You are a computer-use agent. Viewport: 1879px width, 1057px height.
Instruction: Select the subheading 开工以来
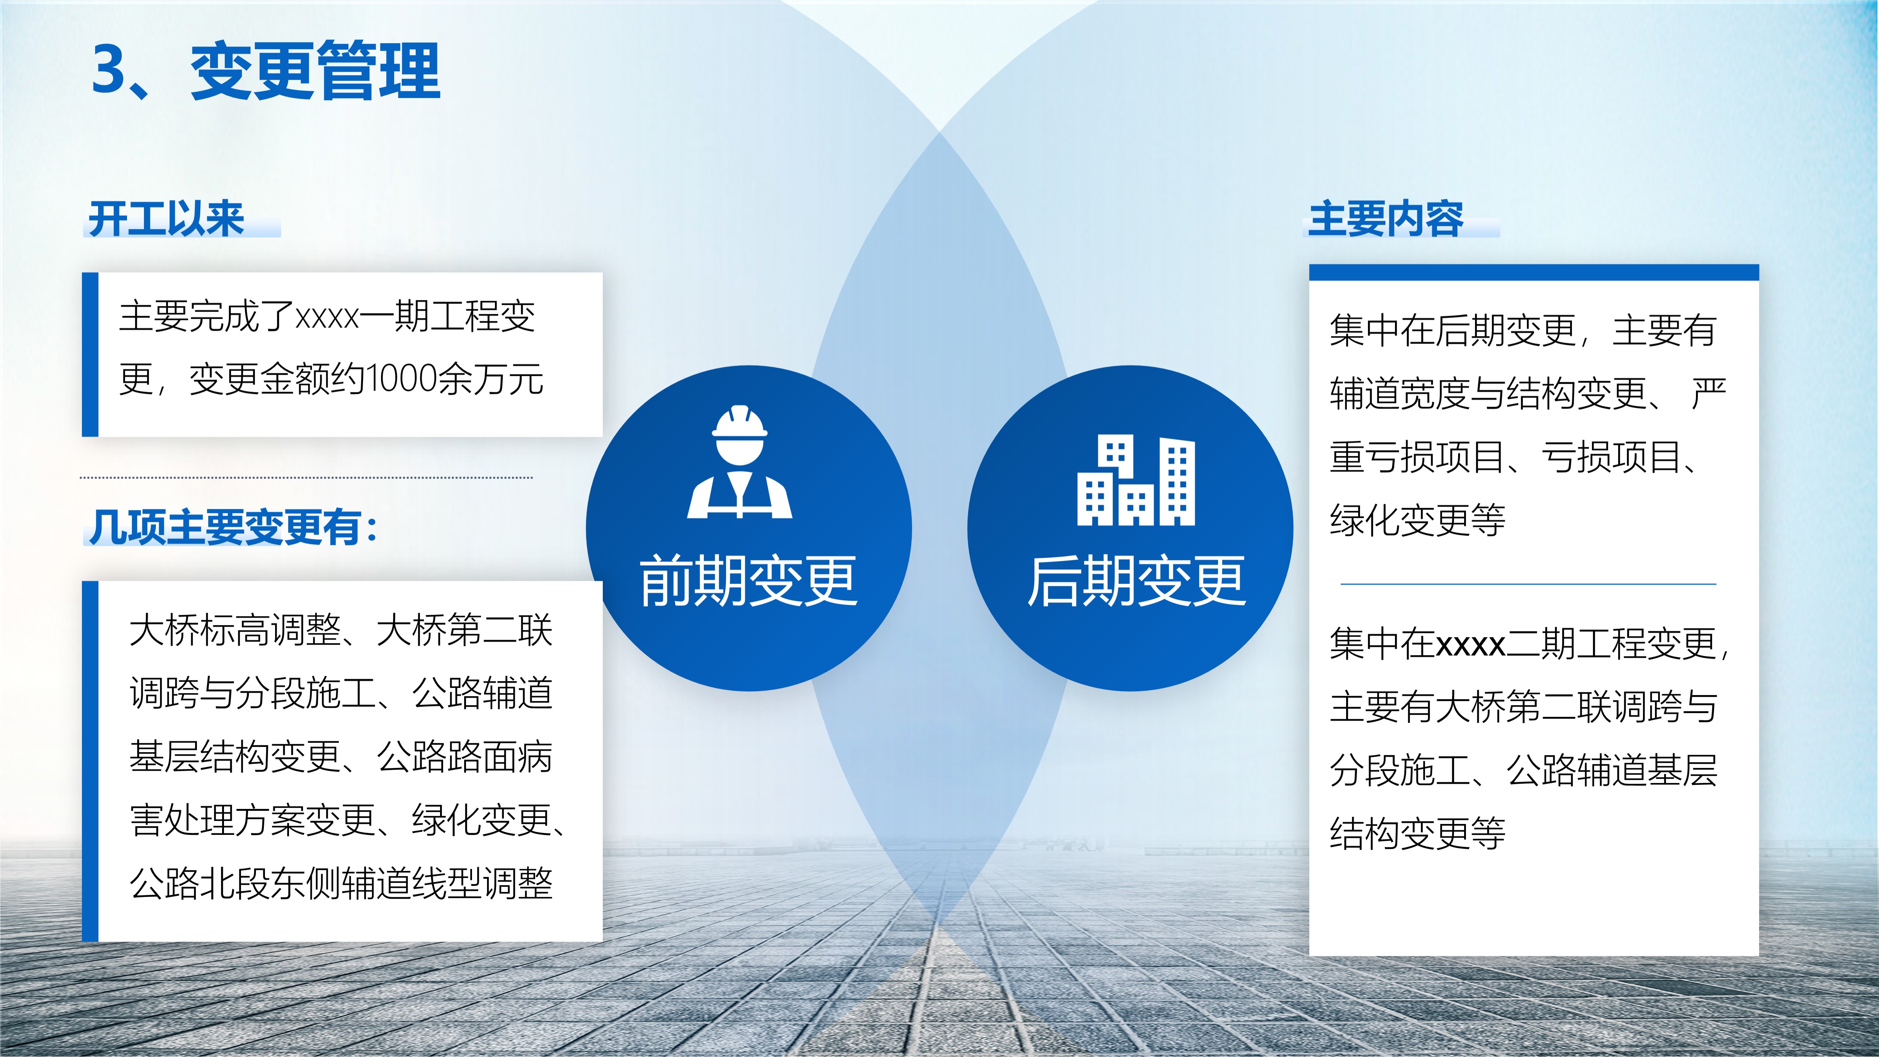pyautogui.click(x=166, y=219)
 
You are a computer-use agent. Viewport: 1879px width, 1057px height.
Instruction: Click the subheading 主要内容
pyautogui.click(x=1386, y=219)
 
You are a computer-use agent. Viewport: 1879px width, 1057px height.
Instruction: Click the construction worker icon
pyautogui.click(x=740, y=462)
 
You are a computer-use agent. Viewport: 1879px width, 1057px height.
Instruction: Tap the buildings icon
pyautogui.click(x=1136, y=480)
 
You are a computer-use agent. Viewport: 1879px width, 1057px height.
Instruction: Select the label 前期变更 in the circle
pyautogui.click(x=748, y=582)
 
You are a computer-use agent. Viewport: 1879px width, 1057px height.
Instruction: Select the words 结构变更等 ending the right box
pyautogui.click(x=1417, y=833)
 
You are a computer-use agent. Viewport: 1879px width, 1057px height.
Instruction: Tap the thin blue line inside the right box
pyautogui.click(x=1528, y=584)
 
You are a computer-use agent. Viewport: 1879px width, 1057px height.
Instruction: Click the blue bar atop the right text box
pyautogui.click(x=1534, y=272)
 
